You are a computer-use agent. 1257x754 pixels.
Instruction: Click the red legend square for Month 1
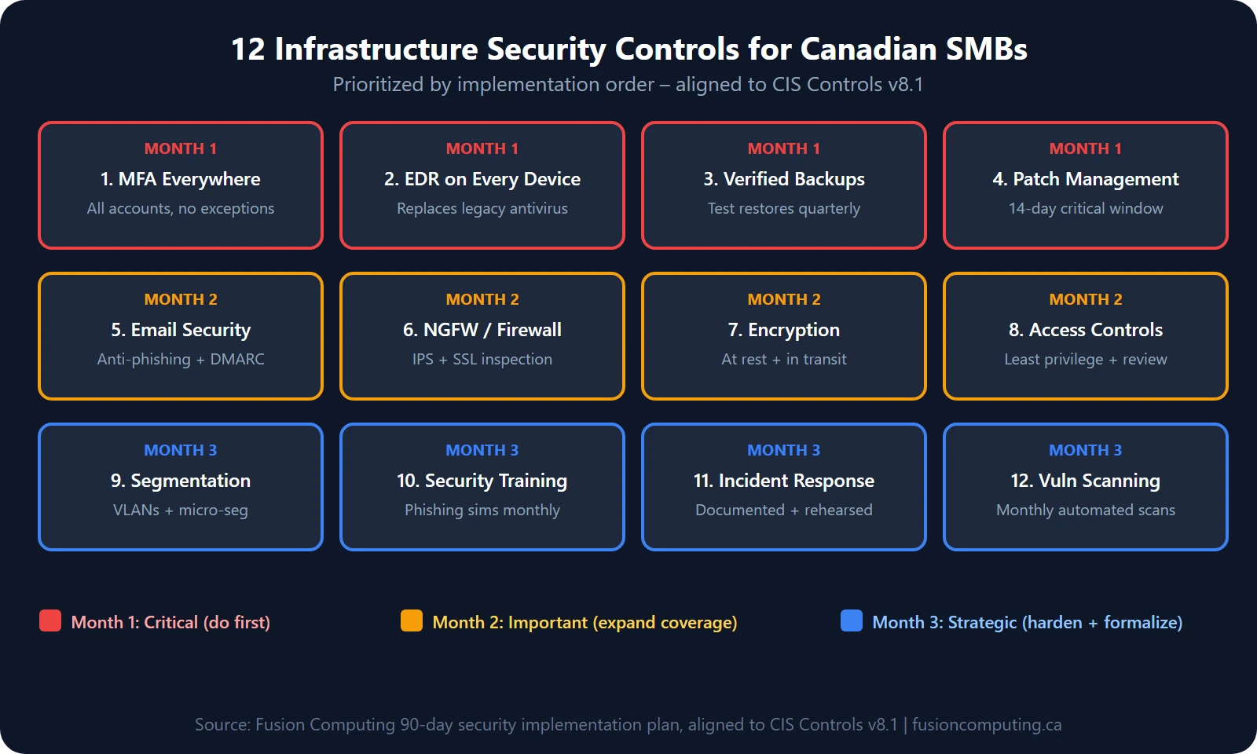click(x=50, y=620)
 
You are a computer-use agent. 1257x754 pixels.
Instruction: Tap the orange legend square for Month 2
click(x=412, y=620)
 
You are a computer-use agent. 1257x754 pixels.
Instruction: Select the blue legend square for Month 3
click(x=852, y=620)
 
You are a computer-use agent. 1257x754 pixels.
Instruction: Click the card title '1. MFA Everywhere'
click(x=181, y=179)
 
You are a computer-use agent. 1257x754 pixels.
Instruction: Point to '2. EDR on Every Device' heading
click(x=482, y=179)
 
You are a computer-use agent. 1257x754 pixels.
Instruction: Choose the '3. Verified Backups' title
click(x=784, y=179)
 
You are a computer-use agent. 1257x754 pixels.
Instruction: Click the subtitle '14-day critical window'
click(x=1086, y=208)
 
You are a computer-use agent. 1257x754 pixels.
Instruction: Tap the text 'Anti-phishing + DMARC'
click(x=181, y=359)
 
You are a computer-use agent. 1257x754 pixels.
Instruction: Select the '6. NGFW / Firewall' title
click(x=482, y=330)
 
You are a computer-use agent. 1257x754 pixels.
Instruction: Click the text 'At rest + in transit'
click(x=784, y=359)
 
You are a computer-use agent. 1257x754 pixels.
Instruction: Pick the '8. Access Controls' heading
click(x=1086, y=330)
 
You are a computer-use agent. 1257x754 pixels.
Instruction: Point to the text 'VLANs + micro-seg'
click(x=181, y=510)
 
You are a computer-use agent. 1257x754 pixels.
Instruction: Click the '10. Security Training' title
click(x=482, y=481)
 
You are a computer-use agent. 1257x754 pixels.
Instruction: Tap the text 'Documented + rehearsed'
click(x=784, y=510)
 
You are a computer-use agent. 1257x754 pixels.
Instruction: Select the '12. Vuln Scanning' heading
click(x=1086, y=481)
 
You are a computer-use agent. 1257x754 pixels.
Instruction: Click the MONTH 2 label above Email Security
click(x=181, y=299)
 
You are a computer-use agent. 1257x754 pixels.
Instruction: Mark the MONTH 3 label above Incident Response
click(x=784, y=450)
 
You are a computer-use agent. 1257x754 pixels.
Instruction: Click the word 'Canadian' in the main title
click(x=868, y=49)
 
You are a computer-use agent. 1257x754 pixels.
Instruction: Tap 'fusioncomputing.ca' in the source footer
click(x=987, y=724)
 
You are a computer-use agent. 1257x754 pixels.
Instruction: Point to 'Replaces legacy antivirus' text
click(x=482, y=208)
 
